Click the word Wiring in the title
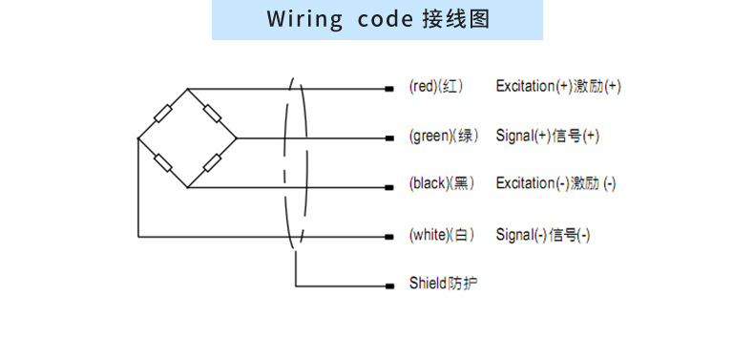(301, 20)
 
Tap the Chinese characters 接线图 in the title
(455, 20)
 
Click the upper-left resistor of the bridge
(163, 114)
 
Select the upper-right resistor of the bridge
(212, 114)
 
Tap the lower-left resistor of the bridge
(163, 162)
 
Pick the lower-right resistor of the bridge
(212, 162)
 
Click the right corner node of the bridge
(236, 138)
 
